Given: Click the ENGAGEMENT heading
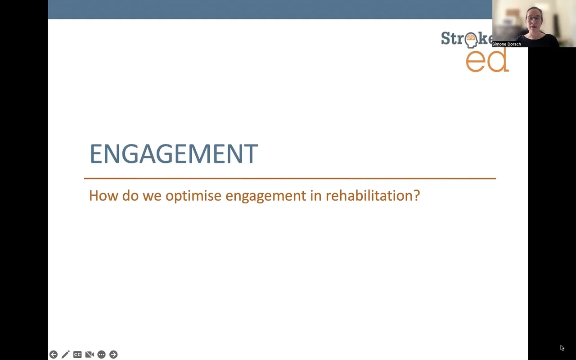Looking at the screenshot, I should pyautogui.click(x=173, y=154).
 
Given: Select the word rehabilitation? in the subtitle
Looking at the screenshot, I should pyautogui.click(x=373, y=196).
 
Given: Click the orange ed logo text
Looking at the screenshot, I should pyautogui.click(x=487, y=61).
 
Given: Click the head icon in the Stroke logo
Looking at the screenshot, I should pyautogui.click(x=471, y=40).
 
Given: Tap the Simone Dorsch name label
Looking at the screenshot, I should pyautogui.click(x=507, y=44).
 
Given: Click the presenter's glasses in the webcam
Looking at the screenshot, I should pyautogui.click(x=534, y=19).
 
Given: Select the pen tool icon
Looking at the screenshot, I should pyautogui.click(x=65, y=355).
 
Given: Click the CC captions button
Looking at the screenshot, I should pyautogui.click(x=77, y=355).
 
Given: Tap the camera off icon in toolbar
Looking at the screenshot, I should pyautogui.click(x=90, y=355).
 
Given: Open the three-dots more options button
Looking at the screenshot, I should pyautogui.click(x=101, y=355).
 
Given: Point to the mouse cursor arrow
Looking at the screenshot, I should pyautogui.click(x=562, y=347).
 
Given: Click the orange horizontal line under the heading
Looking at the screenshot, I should pyautogui.click(x=290, y=178).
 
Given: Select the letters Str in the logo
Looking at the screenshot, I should pyautogui.click(x=451, y=39).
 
